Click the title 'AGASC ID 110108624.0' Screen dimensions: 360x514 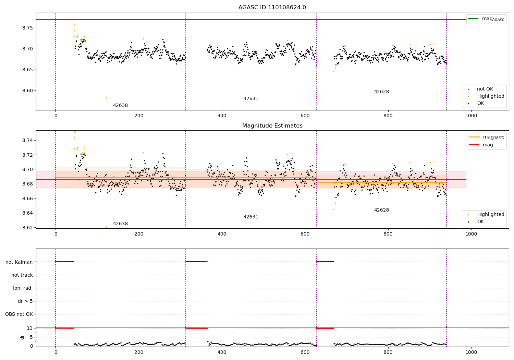pyautogui.click(x=272, y=8)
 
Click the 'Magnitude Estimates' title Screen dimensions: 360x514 pyautogui.click(x=272, y=126)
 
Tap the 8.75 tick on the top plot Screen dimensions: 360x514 pyautogui.click(x=28, y=28)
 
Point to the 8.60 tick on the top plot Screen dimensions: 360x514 pyautogui.click(x=28, y=91)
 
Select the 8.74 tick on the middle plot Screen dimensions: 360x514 pyautogui.click(x=28, y=140)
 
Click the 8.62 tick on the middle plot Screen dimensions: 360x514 pyautogui.click(x=28, y=228)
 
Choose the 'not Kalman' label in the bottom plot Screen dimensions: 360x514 pyautogui.click(x=19, y=262)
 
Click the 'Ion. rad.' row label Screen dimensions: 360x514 pyautogui.click(x=23, y=288)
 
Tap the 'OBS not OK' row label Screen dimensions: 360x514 pyautogui.click(x=19, y=314)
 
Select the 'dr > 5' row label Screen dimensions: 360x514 pyautogui.click(x=25, y=301)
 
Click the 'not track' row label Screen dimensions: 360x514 pyautogui.click(x=22, y=275)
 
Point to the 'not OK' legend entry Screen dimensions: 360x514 pyautogui.click(x=485, y=89)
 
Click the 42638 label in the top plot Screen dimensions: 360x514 pyautogui.click(x=120, y=106)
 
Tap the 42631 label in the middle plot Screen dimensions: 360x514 pyautogui.click(x=251, y=217)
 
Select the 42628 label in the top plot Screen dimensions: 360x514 pyautogui.click(x=381, y=92)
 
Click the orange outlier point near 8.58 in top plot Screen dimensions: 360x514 pyautogui.click(x=106, y=98)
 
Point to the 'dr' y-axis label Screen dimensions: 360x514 pyautogui.click(x=22, y=337)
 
